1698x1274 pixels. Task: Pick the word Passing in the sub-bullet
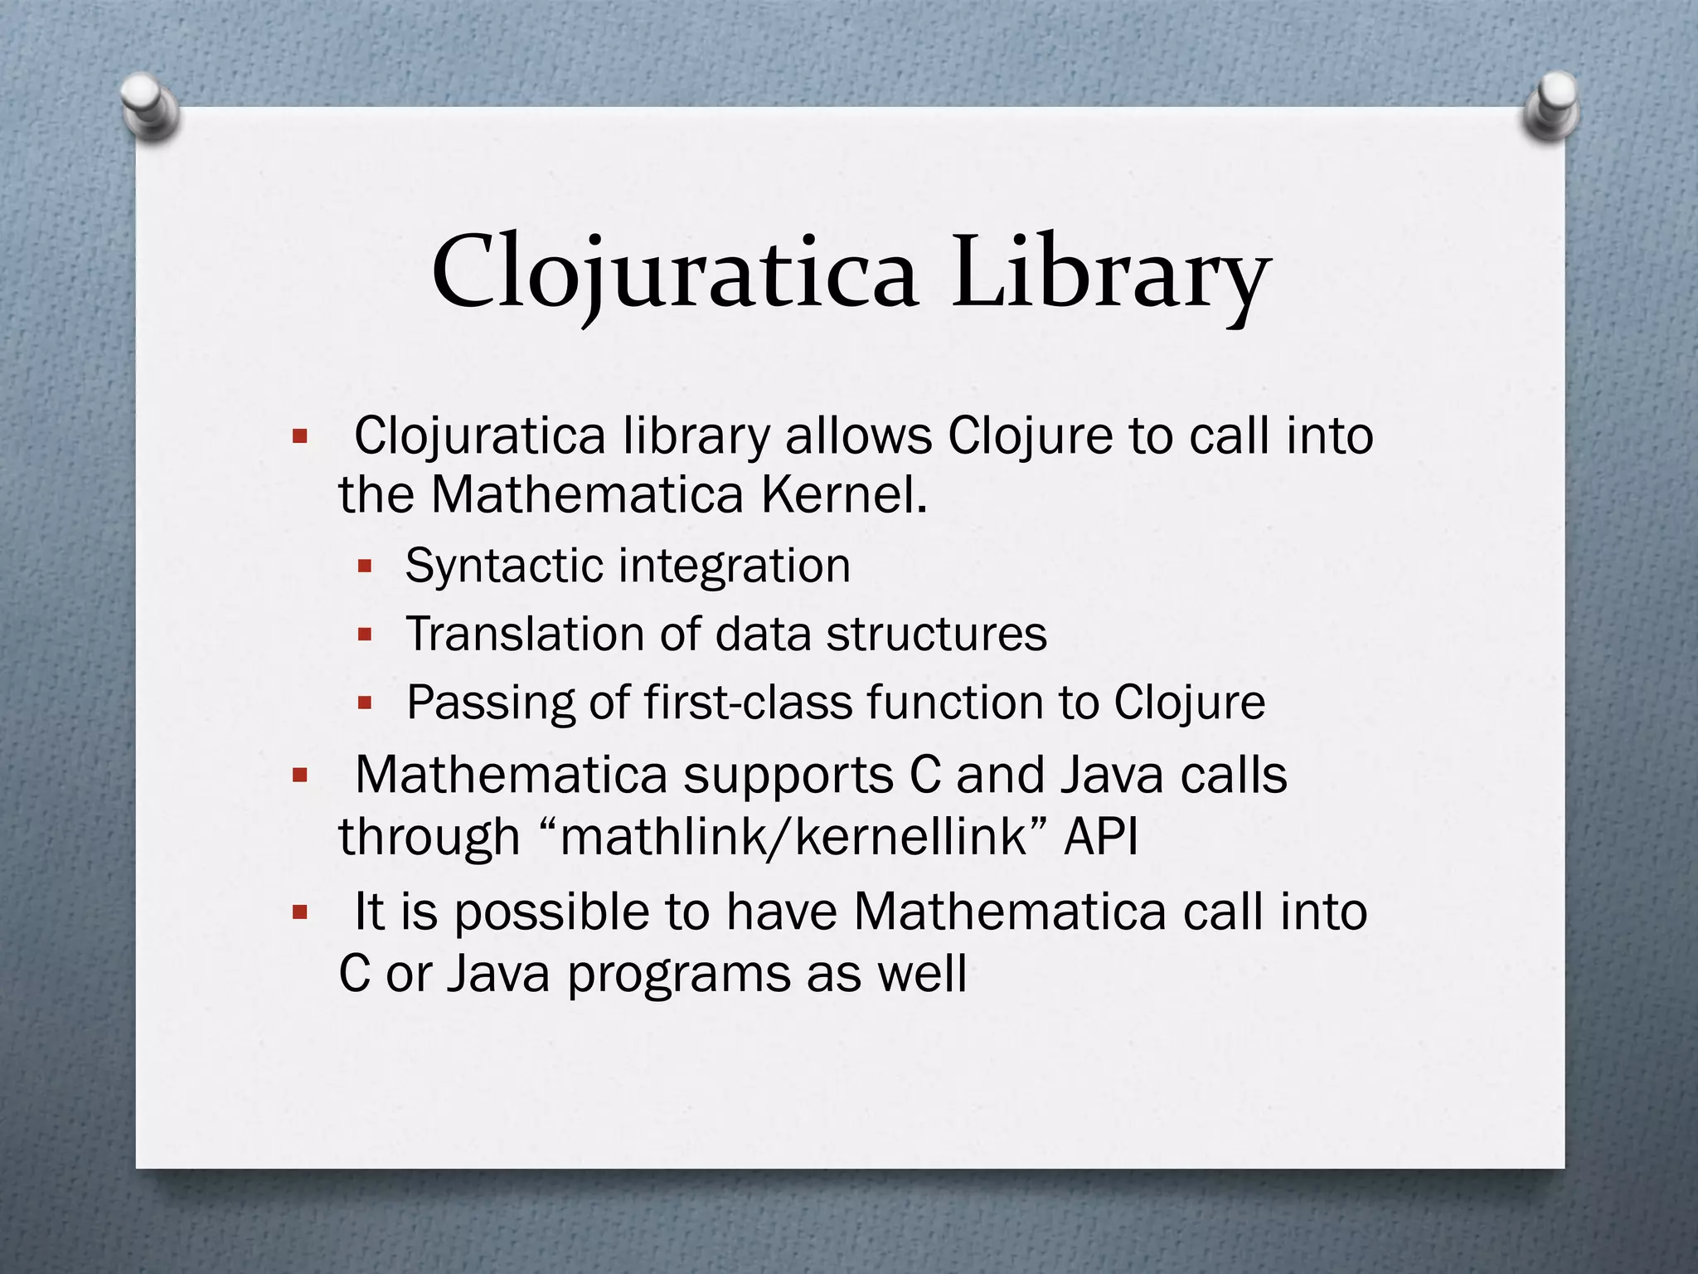coord(490,703)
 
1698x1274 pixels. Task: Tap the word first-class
coord(750,703)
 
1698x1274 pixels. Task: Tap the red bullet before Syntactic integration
coord(364,567)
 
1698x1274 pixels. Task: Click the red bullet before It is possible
coord(300,913)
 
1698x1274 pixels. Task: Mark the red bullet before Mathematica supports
coord(300,776)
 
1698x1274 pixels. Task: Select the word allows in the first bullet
coord(858,436)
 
